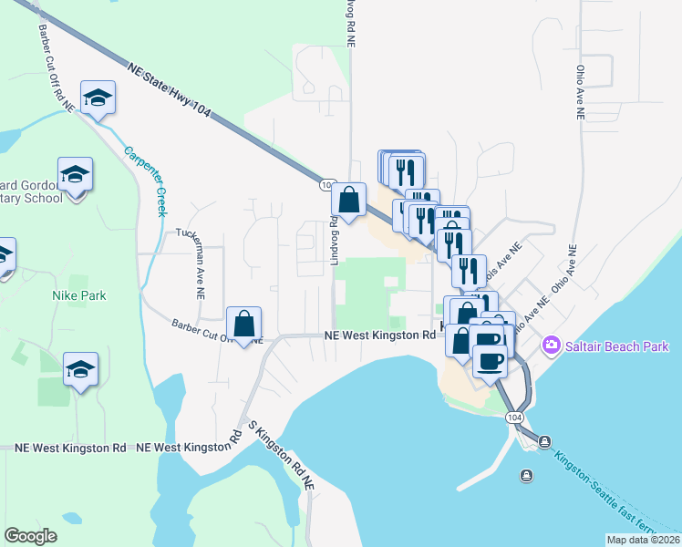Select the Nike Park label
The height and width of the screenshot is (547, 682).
79,295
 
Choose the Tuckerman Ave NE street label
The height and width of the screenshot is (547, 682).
197,264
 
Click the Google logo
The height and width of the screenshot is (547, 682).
30,536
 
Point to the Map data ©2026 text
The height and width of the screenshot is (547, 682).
643,540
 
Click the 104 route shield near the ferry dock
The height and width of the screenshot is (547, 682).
515,417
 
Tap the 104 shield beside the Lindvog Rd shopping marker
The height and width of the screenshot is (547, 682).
326,185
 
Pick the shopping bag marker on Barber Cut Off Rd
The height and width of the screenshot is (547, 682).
244,324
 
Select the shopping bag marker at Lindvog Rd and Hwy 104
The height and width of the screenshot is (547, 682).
349,199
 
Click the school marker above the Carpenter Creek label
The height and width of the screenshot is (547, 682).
98,98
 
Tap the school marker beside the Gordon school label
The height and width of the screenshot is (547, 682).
76,173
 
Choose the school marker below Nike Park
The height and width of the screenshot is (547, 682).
80,369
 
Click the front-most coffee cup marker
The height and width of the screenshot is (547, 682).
490,361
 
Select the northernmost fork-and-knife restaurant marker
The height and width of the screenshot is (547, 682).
407,170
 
